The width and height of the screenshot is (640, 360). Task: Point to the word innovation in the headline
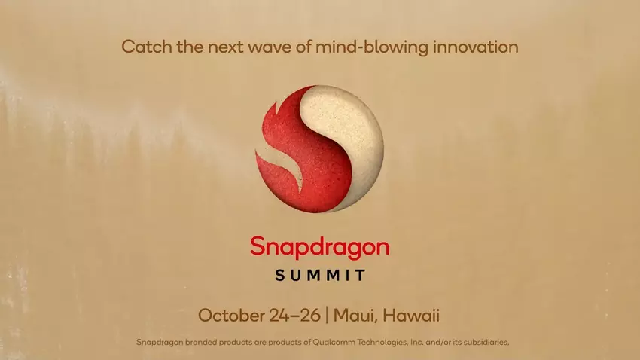(x=476, y=47)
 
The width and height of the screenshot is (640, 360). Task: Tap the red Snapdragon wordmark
(x=320, y=246)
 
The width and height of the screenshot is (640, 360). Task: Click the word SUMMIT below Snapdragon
(x=320, y=275)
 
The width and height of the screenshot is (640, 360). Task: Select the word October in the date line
(x=230, y=314)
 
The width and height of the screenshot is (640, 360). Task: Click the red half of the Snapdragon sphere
(x=286, y=151)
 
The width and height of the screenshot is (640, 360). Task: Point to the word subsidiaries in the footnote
(x=484, y=343)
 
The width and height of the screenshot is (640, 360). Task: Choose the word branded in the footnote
(x=196, y=343)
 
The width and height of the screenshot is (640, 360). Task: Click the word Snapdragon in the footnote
(x=157, y=343)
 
